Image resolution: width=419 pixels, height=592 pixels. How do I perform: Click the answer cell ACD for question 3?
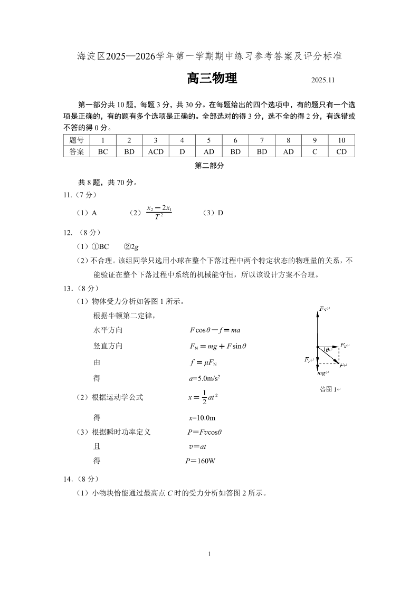pos(156,152)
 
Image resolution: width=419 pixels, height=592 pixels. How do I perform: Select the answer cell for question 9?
pos(315,152)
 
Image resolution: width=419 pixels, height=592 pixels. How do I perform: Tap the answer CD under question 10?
pos(341,152)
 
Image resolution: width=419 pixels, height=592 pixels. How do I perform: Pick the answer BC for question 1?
pos(103,152)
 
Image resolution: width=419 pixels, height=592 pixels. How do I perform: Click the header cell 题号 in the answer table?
pos(77,140)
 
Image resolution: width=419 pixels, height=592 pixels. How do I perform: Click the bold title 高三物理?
pos(212,79)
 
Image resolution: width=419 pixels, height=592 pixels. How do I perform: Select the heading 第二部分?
pos(209,166)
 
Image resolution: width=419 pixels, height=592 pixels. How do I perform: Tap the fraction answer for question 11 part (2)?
pos(159,213)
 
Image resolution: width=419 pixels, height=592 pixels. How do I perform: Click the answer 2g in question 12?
pos(135,246)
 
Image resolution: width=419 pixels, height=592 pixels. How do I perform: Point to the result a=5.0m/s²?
pos(204,378)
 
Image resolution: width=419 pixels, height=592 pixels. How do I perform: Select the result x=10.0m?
pos(202,418)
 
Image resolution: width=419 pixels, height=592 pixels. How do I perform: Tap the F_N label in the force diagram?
pos(323,309)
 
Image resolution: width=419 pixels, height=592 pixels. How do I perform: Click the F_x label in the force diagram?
pos(345,345)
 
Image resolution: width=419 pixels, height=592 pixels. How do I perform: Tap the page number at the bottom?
pos(209,554)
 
